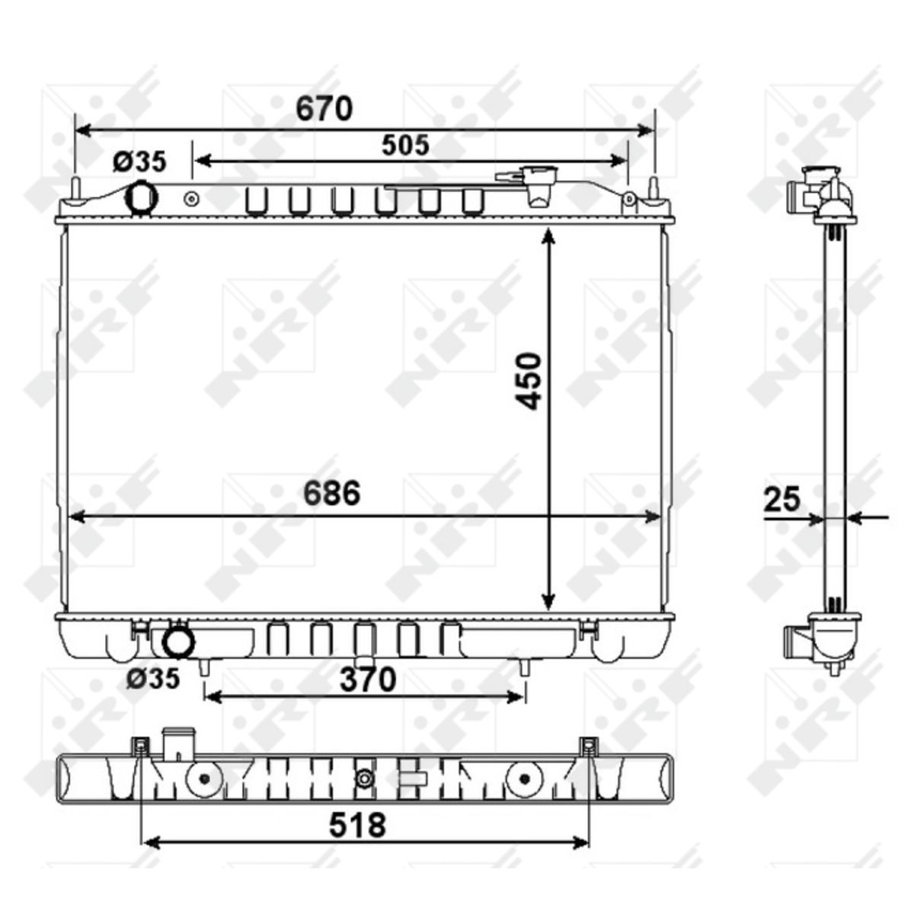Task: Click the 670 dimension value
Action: click(x=324, y=108)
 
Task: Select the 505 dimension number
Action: click(x=405, y=145)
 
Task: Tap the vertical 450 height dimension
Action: click(x=529, y=380)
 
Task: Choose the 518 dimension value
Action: click(x=358, y=825)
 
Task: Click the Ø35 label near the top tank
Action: click(x=139, y=161)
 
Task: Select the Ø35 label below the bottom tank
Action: click(x=153, y=679)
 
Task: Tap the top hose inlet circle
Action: click(x=140, y=197)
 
